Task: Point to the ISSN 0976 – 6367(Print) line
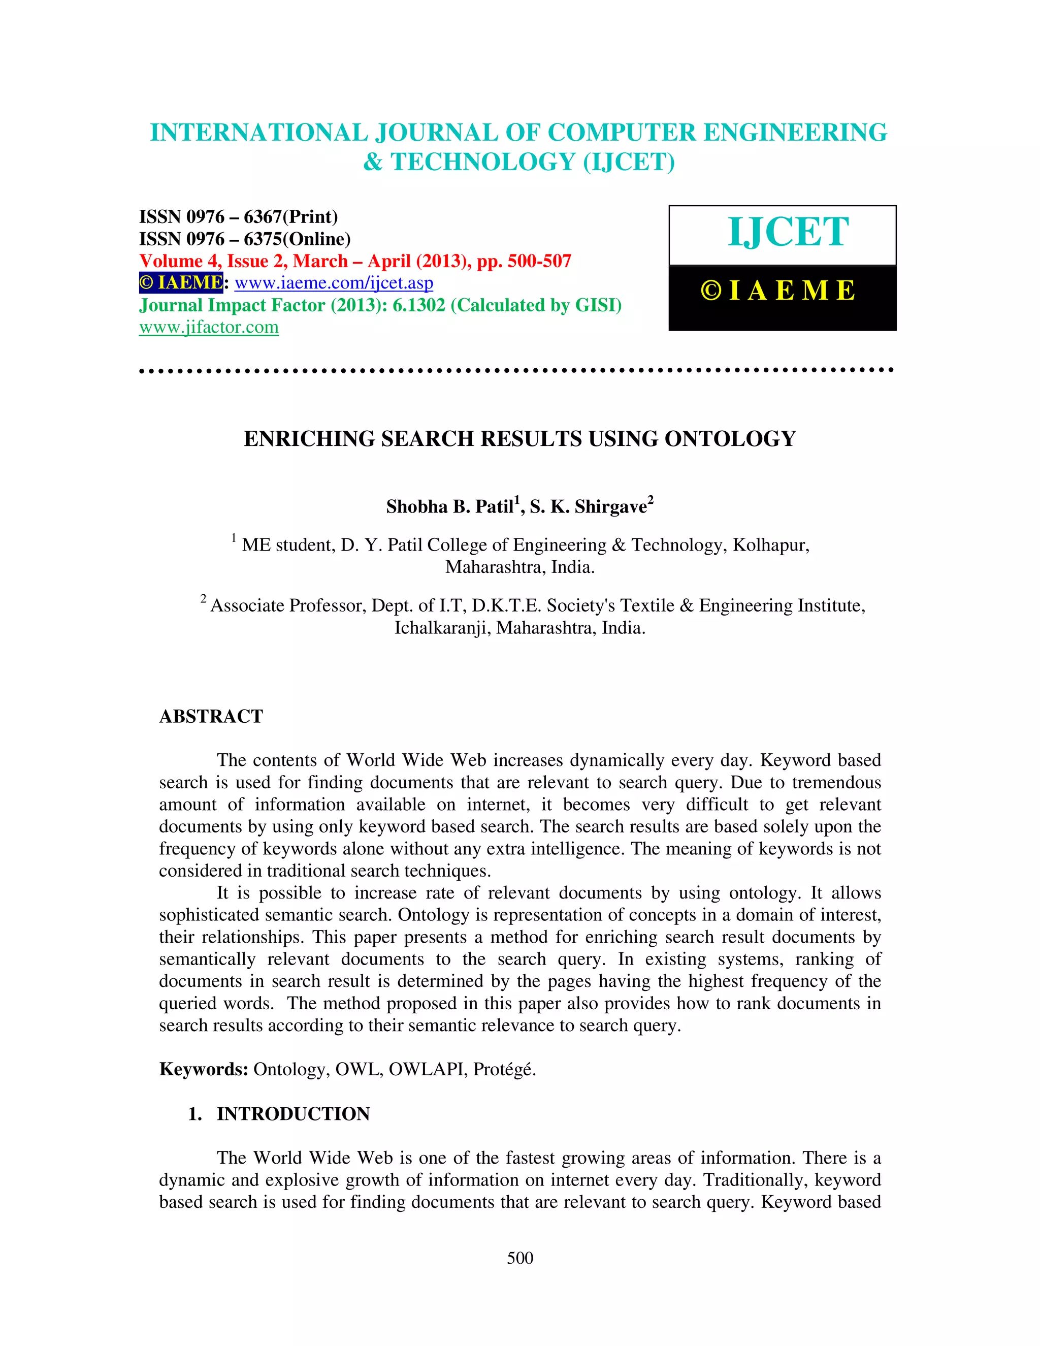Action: [x=239, y=217]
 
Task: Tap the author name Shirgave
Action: [x=610, y=506]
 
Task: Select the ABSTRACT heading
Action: [x=211, y=716]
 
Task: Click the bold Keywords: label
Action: [x=203, y=1069]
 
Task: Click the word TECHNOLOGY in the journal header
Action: [x=482, y=162]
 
